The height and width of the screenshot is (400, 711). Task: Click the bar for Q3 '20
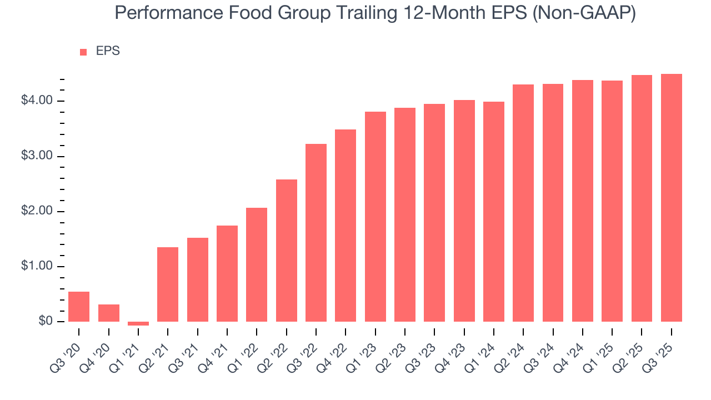coord(79,307)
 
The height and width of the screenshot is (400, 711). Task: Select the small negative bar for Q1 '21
coord(138,323)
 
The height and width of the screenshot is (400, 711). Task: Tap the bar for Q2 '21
coord(168,284)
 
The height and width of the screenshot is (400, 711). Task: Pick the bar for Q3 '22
coord(316,233)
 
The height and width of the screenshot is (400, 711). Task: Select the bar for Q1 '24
coord(494,212)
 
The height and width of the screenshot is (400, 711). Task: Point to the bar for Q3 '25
coord(672,198)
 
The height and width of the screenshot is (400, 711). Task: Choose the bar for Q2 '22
coord(287,251)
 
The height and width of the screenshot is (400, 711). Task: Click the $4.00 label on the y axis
coord(37,101)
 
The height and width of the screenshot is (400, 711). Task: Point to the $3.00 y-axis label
coord(37,156)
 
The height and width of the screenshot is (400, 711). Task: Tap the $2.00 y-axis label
coord(37,212)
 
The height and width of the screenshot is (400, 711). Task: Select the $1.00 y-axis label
coord(37,267)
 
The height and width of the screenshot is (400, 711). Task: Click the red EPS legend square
coord(83,52)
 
